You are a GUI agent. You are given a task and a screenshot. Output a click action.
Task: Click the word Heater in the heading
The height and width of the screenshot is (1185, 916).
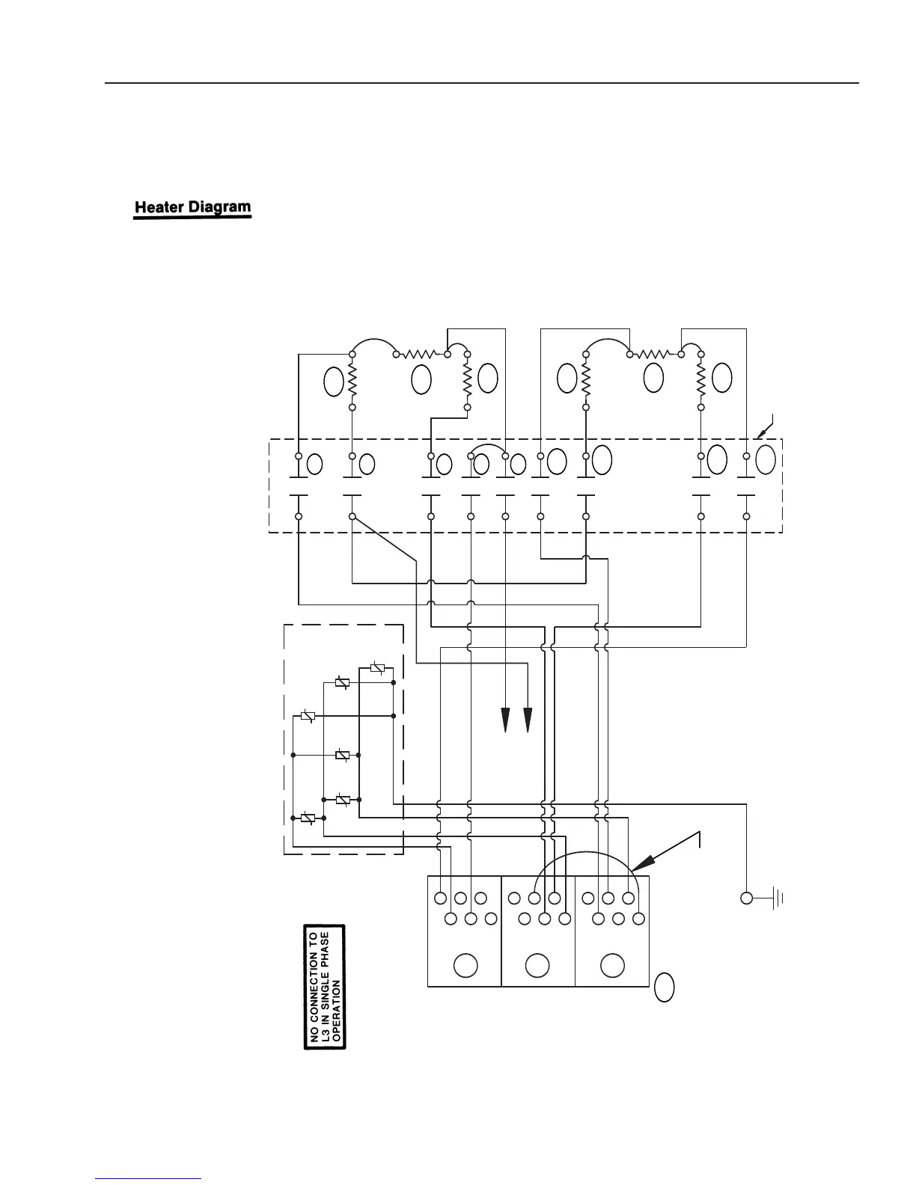tap(159, 207)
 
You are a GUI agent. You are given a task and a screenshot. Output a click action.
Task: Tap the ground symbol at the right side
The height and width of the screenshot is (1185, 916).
tap(778, 898)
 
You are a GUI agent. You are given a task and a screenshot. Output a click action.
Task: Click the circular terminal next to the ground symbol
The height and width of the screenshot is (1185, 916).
tap(746, 898)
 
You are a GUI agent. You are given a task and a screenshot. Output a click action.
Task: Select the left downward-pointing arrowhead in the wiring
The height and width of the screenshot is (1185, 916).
tap(505, 720)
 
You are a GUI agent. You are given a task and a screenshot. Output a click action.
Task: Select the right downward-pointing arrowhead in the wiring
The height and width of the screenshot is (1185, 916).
tap(528, 720)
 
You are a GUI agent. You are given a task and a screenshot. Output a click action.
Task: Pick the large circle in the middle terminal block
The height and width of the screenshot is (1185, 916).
tap(537, 965)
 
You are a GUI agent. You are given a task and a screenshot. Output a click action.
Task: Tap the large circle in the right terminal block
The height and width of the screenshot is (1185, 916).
tap(612, 965)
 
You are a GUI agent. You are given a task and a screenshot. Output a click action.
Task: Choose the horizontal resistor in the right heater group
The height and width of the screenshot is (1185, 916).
tap(656, 354)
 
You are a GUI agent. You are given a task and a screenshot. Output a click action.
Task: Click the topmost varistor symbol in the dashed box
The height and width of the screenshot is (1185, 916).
tap(379, 668)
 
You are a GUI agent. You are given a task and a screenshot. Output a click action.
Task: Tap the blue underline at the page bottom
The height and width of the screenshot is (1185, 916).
tap(149, 1178)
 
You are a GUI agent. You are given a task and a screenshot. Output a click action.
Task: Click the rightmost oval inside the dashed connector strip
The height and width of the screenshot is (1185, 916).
tap(766, 459)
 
